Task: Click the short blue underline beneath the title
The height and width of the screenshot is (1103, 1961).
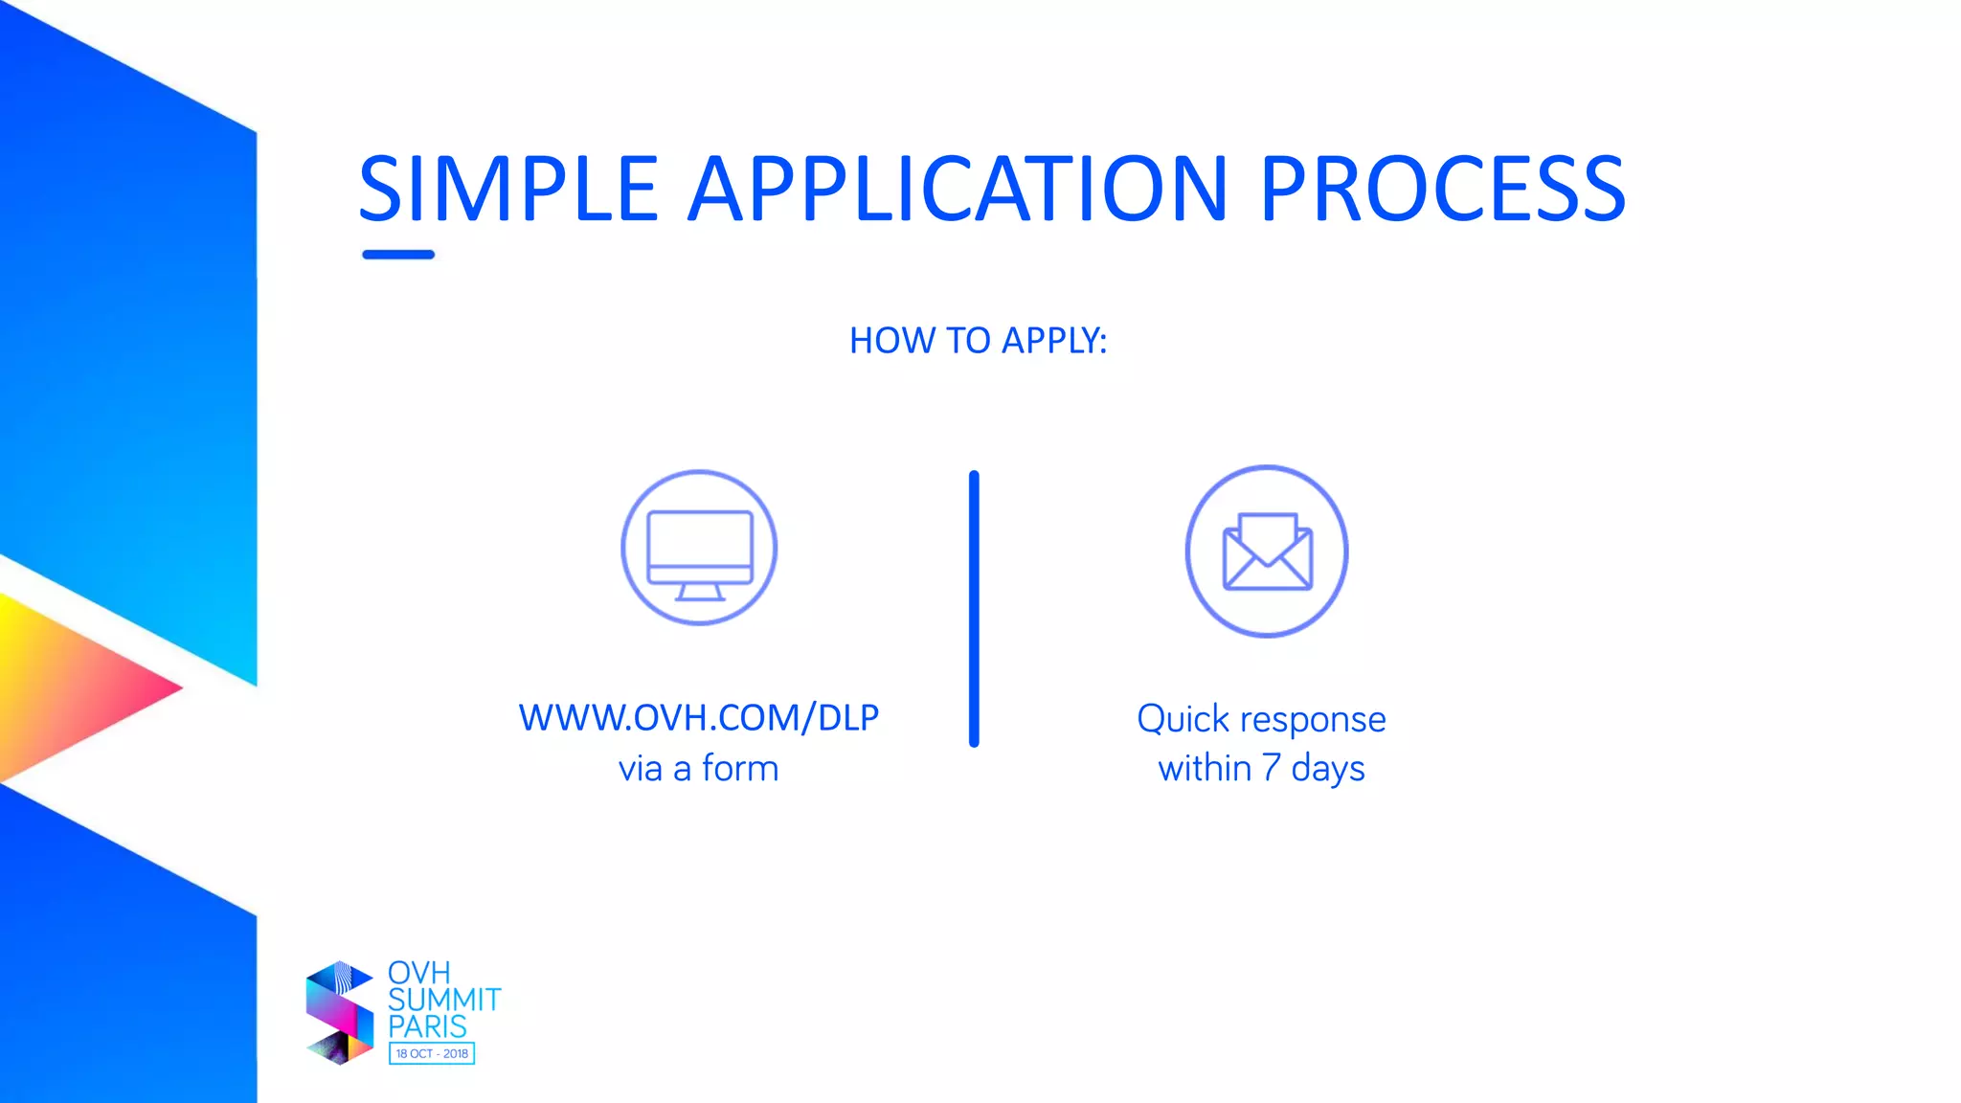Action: click(x=398, y=255)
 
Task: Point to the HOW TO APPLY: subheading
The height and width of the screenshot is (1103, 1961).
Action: click(x=978, y=341)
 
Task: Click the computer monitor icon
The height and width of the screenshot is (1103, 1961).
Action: click(x=699, y=548)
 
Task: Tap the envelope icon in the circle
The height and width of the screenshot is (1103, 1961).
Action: click(x=1267, y=552)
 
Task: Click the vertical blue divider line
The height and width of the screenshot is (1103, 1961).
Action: click(x=974, y=608)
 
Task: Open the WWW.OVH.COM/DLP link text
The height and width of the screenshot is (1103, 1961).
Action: click(x=698, y=718)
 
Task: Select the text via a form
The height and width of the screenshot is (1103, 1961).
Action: click(x=698, y=769)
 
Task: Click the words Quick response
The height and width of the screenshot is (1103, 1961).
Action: click(x=1261, y=719)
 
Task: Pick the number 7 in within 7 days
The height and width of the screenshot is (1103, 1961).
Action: click(x=1271, y=768)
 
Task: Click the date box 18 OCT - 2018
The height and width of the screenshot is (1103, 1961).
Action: click(x=432, y=1053)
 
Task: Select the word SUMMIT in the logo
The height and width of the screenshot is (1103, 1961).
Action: click(x=443, y=1000)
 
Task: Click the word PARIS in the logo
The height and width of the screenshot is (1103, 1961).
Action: click(x=427, y=1026)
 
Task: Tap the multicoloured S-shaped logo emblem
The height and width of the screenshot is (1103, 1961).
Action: click(x=339, y=1013)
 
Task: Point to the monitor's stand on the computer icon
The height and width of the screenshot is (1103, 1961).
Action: click(x=700, y=593)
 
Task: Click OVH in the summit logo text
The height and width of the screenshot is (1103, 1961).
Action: click(x=418, y=973)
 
